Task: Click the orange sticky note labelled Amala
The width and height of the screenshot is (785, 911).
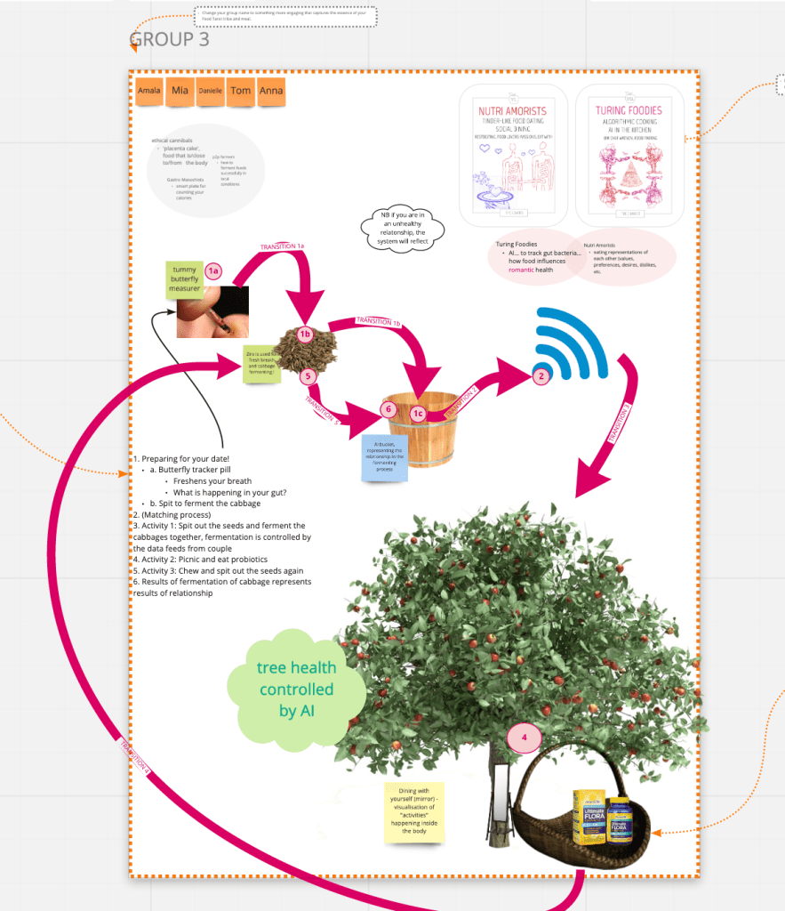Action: [149, 91]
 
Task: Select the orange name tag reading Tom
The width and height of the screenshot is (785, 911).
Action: [240, 91]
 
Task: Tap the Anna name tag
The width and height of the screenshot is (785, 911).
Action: [270, 92]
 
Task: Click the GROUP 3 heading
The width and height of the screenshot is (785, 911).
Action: [170, 39]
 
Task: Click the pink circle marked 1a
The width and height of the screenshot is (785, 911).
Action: [212, 270]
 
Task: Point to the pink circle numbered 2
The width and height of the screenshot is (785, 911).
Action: [540, 376]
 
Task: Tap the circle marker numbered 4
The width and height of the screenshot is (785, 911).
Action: [525, 738]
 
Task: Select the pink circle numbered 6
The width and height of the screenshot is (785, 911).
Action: [387, 409]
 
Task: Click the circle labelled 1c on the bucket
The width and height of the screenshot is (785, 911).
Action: [418, 414]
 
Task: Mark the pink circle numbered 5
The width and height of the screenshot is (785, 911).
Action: [308, 376]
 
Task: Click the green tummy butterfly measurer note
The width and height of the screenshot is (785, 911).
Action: [184, 279]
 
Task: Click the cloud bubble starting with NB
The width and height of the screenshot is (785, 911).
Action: [402, 229]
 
